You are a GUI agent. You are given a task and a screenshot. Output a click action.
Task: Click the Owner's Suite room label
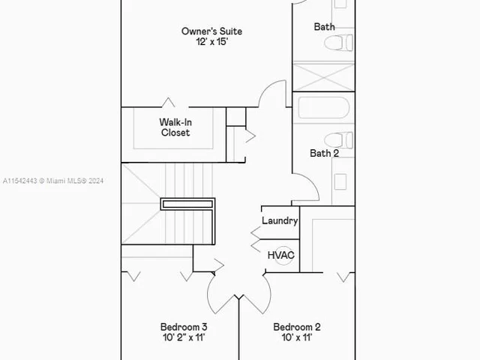click(x=211, y=31)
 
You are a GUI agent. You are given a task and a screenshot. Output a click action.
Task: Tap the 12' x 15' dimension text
click(x=211, y=43)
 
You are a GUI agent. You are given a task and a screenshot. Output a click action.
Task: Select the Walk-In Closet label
click(x=175, y=127)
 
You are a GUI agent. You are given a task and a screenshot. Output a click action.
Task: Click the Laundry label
click(x=280, y=220)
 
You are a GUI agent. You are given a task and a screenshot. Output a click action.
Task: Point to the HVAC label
click(x=281, y=255)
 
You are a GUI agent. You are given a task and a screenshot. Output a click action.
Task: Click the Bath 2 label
click(x=325, y=153)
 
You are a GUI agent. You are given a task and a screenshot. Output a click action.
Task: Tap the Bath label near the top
click(x=325, y=27)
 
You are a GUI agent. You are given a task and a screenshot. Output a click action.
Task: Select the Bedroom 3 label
click(x=184, y=327)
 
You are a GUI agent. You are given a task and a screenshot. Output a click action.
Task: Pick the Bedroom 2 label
click(x=297, y=327)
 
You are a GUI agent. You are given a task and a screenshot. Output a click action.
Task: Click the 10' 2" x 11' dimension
click(x=184, y=338)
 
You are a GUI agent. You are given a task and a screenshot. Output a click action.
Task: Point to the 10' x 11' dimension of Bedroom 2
click(x=297, y=338)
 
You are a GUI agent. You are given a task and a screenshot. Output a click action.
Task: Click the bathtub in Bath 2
click(x=323, y=108)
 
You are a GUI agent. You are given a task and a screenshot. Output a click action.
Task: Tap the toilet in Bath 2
click(x=340, y=140)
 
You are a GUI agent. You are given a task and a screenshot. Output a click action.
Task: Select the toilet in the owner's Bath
click(x=340, y=42)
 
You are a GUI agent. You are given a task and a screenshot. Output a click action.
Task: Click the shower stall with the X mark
click(x=323, y=76)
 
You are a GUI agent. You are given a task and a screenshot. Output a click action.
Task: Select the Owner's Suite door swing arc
click(x=271, y=94)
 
